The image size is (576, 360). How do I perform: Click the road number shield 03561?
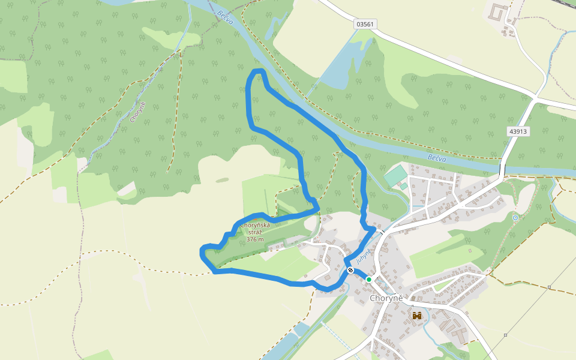tap(365, 24)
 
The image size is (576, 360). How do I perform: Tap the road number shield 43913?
tap(517, 131)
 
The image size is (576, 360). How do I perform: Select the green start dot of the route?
tap(369, 279)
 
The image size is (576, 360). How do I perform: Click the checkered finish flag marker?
tap(350, 271)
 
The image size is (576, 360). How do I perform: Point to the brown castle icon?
tap(417, 315)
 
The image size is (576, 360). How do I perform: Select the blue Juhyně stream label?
tap(364, 256)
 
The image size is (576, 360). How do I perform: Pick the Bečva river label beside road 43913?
tap(439, 158)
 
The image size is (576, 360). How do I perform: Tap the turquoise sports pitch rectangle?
tap(395, 176)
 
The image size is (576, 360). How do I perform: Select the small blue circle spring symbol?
tap(515, 217)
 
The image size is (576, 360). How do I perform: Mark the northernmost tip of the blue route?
tap(258, 71)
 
